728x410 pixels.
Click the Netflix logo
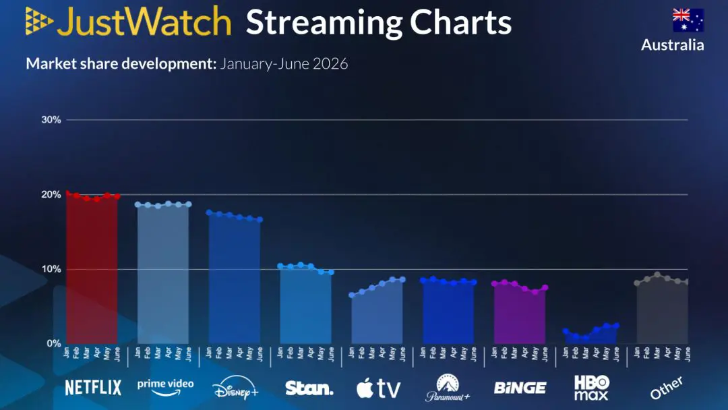(93, 388)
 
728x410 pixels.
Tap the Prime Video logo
(165, 387)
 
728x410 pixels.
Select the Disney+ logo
(235, 388)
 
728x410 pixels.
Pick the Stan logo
(309, 388)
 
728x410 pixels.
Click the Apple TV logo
(378, 388)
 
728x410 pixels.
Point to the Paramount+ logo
(448, 388)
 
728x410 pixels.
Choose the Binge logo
(520, 388)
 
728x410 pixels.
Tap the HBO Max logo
(592, 388)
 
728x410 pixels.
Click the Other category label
(666, 388)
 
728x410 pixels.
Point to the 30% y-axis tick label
(51, 120)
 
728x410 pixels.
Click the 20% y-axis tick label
(51, 195)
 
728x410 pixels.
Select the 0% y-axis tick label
(54, 344)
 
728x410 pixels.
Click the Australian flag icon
(688, 20)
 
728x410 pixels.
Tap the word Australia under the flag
(672, 45)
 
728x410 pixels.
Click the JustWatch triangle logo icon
(39, 21)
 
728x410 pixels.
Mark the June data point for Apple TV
(402, 280)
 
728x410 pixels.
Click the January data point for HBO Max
(566, 331)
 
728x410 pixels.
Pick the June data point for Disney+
(260, 220)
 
